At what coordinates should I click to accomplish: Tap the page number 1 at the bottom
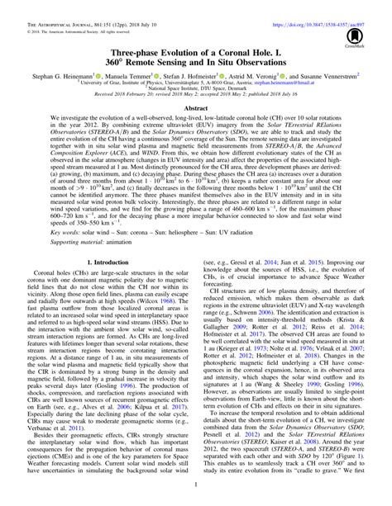click(x=196, y=499)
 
